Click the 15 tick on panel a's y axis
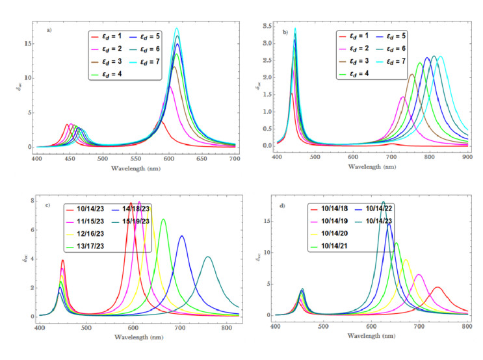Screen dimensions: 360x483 (27, 44)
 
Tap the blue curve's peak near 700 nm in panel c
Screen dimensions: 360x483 (182, 236)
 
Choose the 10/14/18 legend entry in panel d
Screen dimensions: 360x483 (337, 209)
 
